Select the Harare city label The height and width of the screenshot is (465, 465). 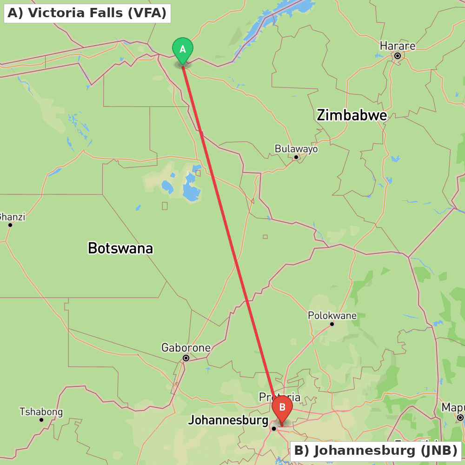397,46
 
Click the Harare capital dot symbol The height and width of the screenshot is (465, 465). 398,56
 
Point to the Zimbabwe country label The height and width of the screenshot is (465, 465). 352,115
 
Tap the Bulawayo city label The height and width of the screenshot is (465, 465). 296,149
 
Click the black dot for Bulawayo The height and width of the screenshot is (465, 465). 296,157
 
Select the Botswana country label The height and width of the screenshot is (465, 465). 120,248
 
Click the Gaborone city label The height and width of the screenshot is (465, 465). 186,347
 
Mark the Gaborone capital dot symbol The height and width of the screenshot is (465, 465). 186,358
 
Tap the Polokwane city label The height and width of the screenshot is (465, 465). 332,316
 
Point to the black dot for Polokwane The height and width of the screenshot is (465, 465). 332,324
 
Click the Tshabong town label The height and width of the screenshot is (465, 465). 41,412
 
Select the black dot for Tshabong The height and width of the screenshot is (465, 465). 41,420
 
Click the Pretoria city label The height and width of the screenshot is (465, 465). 279,398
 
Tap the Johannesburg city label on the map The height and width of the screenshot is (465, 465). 228,420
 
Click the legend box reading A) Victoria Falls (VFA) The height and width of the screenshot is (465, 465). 87,13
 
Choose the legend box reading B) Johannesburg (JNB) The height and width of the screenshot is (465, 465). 376,451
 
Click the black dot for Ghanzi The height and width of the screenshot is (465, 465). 10,225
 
